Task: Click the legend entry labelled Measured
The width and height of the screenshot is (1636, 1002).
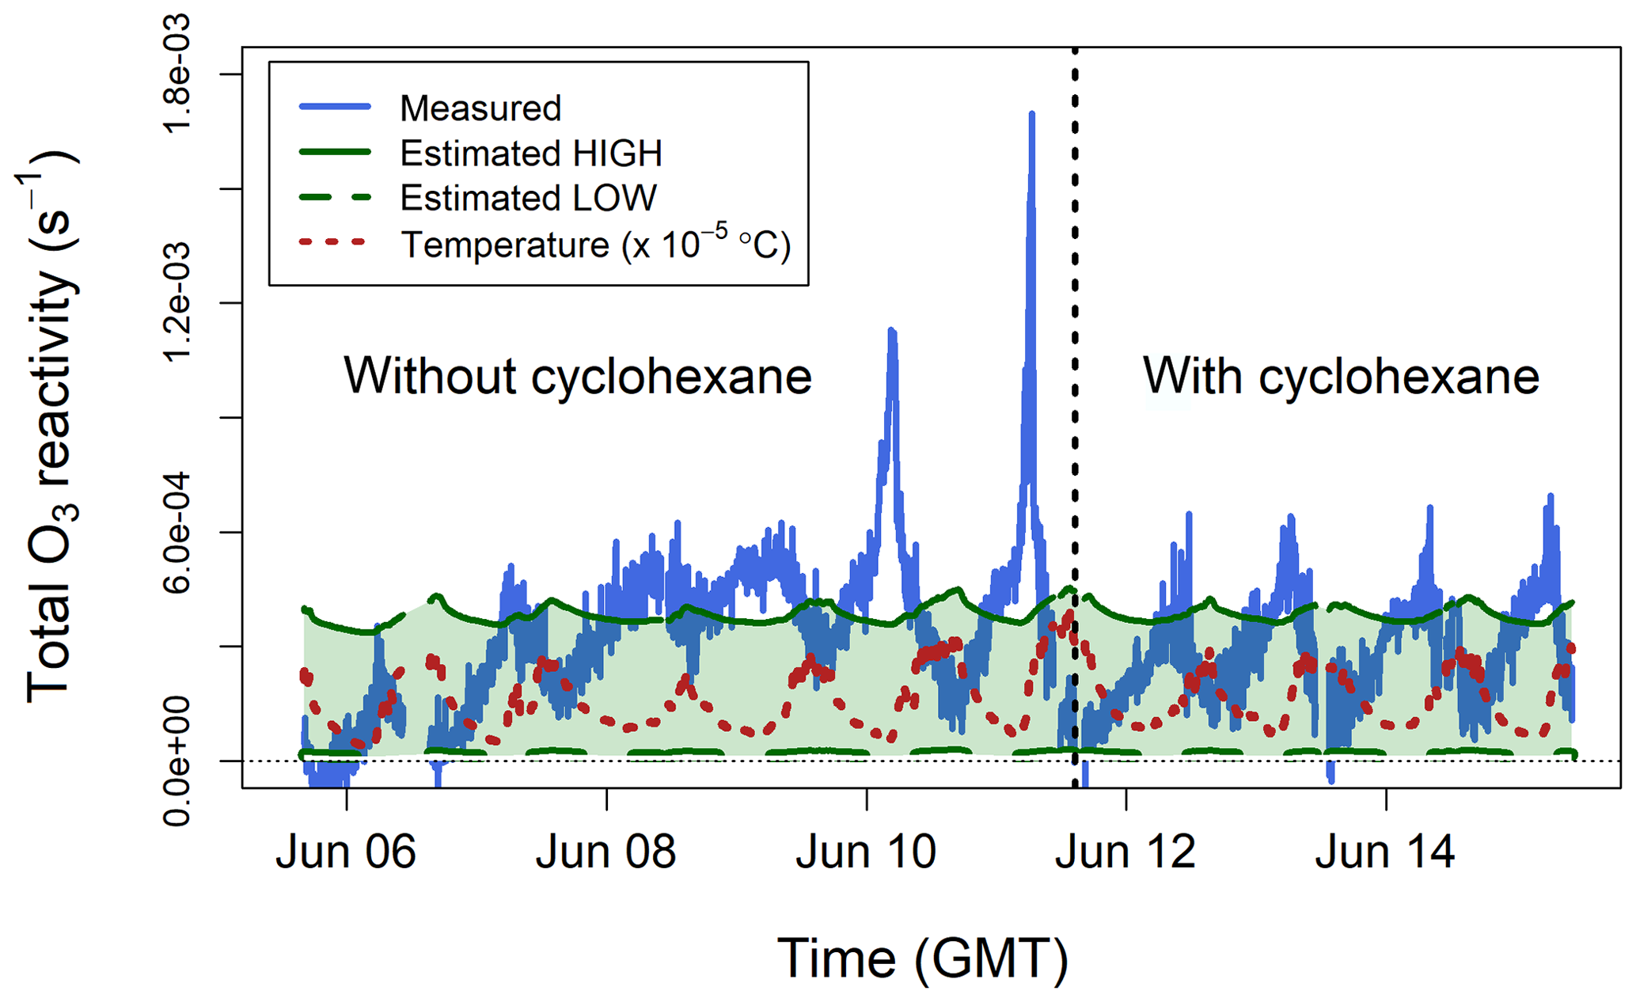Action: pyautogui.click(x=480, y=108)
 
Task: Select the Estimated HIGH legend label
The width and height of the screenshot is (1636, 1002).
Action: pyautogui.click(x=530, y=153)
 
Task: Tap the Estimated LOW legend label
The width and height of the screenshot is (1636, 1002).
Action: pyautogui.click(x=528, y=198)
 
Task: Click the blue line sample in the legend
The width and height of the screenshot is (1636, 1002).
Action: pyautogui.click(x=335, y=107)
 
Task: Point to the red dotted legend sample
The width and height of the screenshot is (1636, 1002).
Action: pyautogui.click(x=335, y=242)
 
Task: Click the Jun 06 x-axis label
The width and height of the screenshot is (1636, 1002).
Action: pyautogui.click(x=346, y=852)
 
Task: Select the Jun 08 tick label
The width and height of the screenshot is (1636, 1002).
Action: pyautogui.click(x=605, y=852)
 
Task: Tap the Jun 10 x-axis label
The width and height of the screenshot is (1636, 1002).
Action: pyautogui.click(x=866, y=852)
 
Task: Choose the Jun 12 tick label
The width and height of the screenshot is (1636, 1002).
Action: pyautogui.click(x=1125, y=852)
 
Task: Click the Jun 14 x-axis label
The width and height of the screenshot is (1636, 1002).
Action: pyautogui.click(x=1385, y=852)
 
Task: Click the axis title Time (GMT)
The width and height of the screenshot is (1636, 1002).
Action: pyautogui.click(x=922, y=958)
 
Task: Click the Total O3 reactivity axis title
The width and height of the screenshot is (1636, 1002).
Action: pyautogui.click(x=51, y=427)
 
